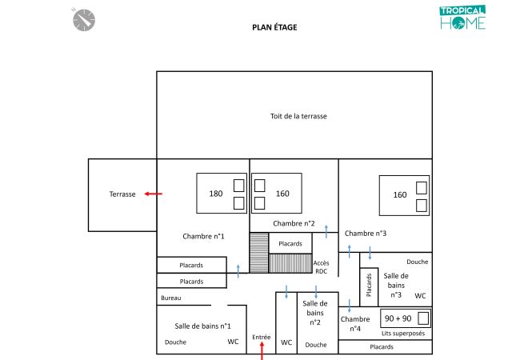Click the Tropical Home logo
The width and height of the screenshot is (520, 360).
[x=463, y=18]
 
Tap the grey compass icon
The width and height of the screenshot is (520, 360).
[x=84, y=20]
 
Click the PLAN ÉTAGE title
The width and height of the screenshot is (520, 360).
[x=274, y=27]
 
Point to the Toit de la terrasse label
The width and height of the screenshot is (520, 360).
[x=298, y=116]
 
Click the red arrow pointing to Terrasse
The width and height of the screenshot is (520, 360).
[x=154, y=194]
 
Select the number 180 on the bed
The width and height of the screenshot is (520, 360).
[x=216, y=194]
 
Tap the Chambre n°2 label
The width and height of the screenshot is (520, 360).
[x=294, y=223]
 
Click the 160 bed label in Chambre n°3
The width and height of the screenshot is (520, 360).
[x=400, y=194]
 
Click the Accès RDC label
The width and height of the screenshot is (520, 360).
[x=321, y=267]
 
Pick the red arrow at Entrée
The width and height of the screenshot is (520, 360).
[x=262, y=351]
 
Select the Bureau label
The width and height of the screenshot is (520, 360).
[x=171, y=298]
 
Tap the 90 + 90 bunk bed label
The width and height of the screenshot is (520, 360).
[x=398, y=318]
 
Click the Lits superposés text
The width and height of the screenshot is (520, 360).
[x=403, y=333]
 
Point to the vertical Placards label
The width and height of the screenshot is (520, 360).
[x=369, y=285]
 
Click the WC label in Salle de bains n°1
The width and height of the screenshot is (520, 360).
[x=233, y=342]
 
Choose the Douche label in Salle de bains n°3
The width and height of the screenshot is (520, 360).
[x=417, y=262]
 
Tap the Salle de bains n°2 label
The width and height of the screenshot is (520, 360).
[x=315, y=313]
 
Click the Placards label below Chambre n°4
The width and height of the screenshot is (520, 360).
[x=382, y=346]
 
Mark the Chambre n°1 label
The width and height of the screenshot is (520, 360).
[x=203, y=236]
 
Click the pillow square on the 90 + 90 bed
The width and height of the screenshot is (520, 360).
[x=423, y=318]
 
